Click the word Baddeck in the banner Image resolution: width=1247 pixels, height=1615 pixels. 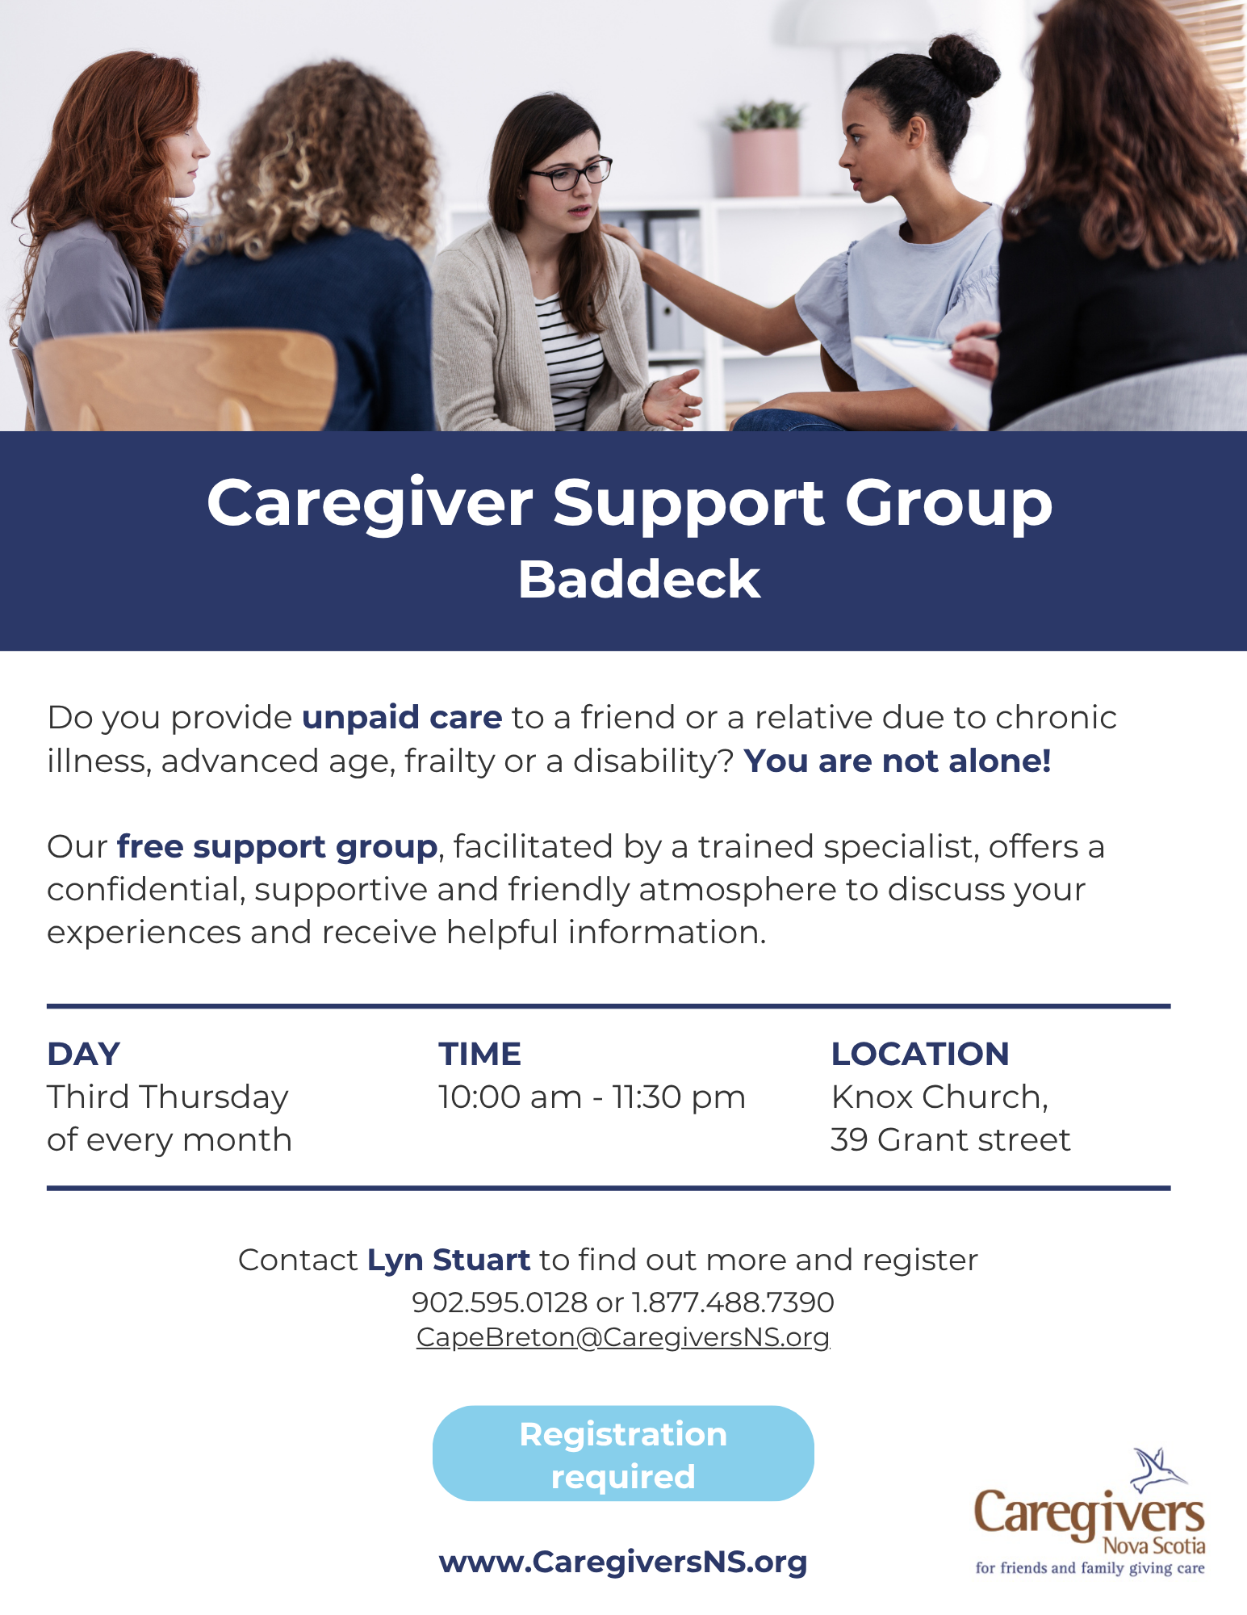[x=639, y=579]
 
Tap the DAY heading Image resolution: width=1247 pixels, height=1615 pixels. [x=84, y=1054]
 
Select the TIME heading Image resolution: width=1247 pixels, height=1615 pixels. [x=480, y=1054]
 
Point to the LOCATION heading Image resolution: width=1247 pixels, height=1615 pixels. [x=920, y=1054]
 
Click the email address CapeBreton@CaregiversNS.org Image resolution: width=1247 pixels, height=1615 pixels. [x=623, y=1337]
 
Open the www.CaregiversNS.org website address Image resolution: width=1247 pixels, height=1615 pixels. [x=623, y=1562]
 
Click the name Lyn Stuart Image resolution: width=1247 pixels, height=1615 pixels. [x=449, y=1260]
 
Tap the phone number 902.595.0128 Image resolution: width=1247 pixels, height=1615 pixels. [x=500, y=1302]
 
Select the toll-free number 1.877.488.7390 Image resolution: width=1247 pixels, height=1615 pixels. [x=733, y=1302]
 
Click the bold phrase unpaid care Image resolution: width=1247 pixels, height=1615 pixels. [x=402, y=718]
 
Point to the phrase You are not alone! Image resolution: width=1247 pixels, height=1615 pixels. [x=898, y=761]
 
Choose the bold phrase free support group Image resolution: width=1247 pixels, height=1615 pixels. [x=278, y=847]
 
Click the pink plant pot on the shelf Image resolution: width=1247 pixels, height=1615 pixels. [x=764, y=161]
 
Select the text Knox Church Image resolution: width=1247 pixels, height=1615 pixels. [x=939, y=1097]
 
